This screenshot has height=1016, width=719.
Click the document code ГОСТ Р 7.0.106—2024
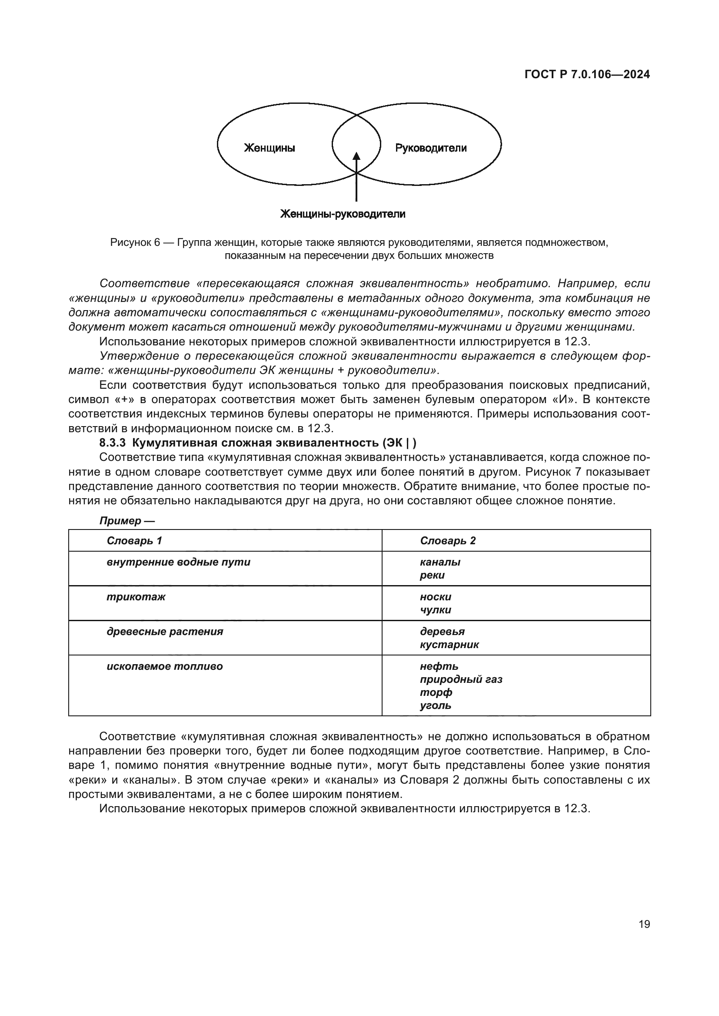(587, 74)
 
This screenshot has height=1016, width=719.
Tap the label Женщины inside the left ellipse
(270, 148)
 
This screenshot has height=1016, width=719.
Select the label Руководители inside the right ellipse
(430, 148)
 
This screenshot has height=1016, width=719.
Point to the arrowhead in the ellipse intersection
(356, 156)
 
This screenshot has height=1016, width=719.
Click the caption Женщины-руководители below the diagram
(343, 214)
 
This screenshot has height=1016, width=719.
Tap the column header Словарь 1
(134, 541)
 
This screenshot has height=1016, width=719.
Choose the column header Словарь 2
(448, 541)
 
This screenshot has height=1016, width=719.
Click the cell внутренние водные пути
(178, 563)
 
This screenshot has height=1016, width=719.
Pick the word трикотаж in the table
(136, 597)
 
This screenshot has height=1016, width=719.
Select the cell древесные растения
(165, 632)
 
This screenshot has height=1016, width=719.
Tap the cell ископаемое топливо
(165, 666)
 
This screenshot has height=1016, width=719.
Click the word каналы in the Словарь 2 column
(440, 563)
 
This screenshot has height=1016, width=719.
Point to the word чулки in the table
(435, 610)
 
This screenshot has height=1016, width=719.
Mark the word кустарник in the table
(449, 645)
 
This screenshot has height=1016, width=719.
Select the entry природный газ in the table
(461, 679)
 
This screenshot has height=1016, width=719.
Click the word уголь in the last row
(435, 705)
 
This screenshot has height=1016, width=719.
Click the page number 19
(644, 924)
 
